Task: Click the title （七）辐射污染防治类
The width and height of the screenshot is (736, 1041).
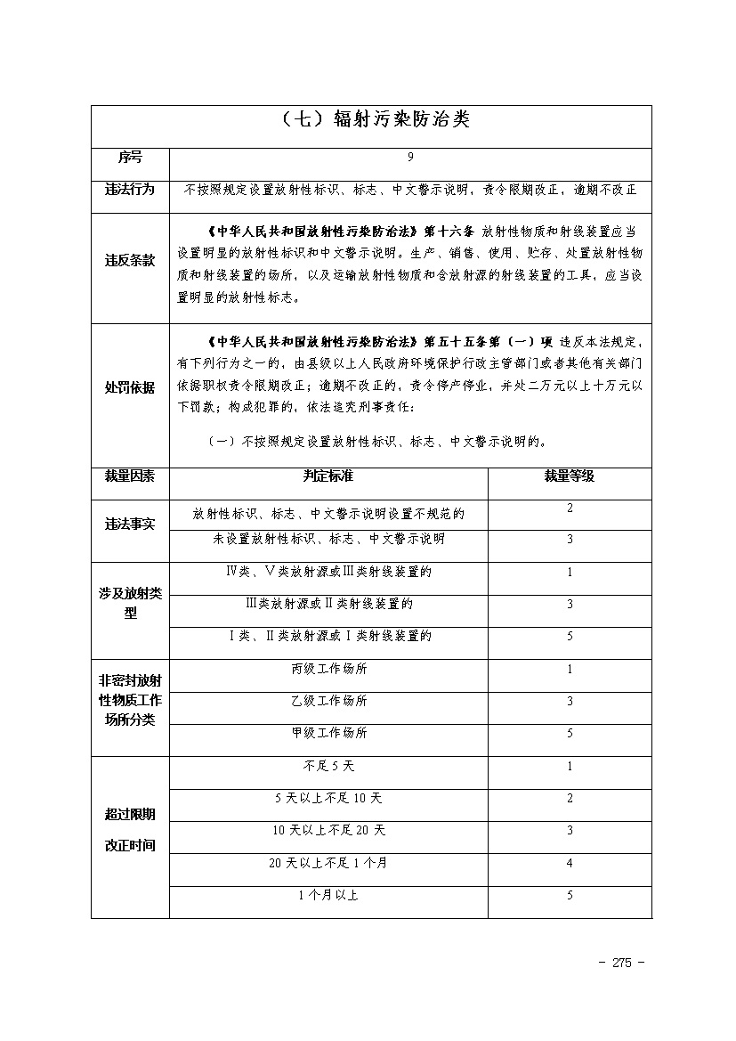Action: [x=371, y=120]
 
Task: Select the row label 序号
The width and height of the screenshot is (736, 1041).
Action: [x=130, y=158]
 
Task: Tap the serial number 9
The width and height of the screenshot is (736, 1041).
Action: [x=410, y=158]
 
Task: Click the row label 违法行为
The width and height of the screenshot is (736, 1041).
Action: [x=130, y=190]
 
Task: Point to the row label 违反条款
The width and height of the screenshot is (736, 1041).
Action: [x=130, y=262]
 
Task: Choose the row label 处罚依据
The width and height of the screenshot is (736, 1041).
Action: [x=130, y=388]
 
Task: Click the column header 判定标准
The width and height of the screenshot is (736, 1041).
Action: [x=328, y=476]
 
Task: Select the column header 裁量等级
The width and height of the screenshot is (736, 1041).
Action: [x=570, y=476]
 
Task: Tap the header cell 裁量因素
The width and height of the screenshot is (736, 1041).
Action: [x=130, y=476]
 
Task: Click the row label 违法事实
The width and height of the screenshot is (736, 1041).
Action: [x=130, y=525]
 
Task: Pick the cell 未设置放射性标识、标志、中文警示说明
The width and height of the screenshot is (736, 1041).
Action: [x=328, y=540]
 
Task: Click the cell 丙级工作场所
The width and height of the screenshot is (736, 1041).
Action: [x=328, y=669]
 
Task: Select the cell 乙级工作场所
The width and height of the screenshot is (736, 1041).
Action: [x=328, y=701]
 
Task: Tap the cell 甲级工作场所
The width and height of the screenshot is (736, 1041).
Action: [x=328, y=733]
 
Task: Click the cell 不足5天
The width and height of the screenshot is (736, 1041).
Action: [x=328, y=766]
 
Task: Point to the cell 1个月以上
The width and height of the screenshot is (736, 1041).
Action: [x=328, y=895]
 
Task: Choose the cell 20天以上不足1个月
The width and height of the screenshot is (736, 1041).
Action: [x=328, y=863]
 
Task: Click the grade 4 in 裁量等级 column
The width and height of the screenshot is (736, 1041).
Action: [x=570, y=863]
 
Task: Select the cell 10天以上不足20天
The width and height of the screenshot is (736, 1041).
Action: [x=328, y=830]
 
